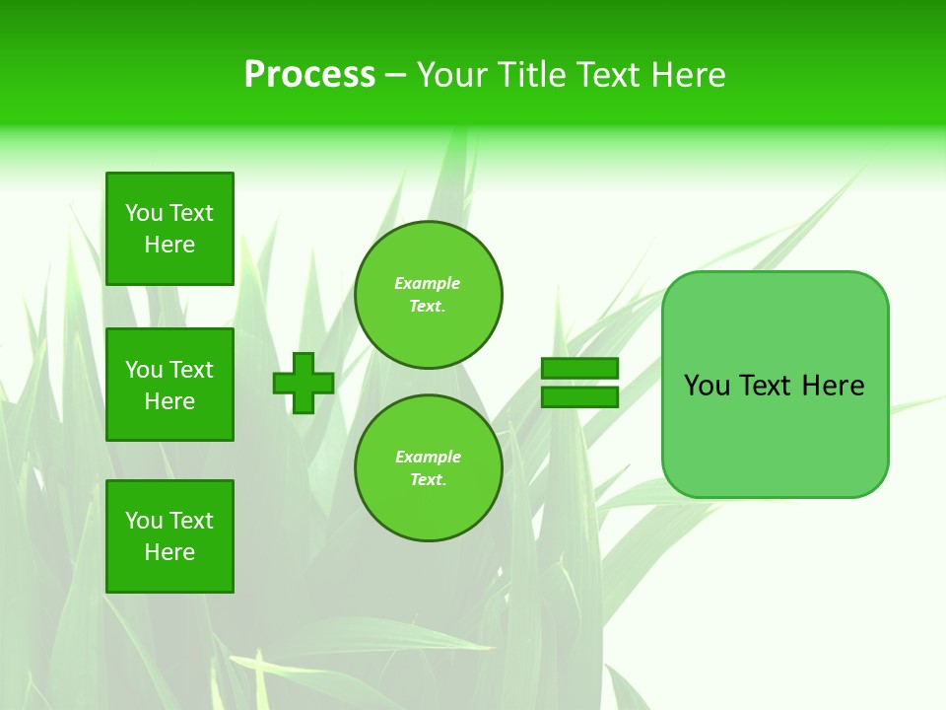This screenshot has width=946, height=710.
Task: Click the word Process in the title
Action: pos(309,75)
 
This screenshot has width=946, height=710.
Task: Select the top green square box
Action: pos(169,229)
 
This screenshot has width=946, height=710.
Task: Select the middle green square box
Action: pos(169,385)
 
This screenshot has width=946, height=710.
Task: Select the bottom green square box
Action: pos(169,536)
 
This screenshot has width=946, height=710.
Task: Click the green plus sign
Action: pos(304,383)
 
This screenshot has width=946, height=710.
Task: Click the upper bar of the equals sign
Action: pos(580,369)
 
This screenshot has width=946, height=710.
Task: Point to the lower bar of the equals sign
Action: pos(580,397)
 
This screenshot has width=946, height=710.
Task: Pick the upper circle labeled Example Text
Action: pos(429,295)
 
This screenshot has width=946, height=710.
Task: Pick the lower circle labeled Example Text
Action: pos(429,468)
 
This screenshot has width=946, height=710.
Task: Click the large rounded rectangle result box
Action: pos(775,434)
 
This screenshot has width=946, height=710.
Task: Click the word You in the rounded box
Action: pos(708,386)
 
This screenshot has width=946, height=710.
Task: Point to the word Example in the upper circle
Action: pos(428,283)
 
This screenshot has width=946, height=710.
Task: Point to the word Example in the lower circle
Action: pos(428,457)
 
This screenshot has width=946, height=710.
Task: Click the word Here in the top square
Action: pos(169,245)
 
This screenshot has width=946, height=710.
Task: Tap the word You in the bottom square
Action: pos(144,521)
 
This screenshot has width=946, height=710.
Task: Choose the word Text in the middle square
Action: pos(191,370)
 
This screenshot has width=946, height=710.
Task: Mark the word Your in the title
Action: pos(452,75)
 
